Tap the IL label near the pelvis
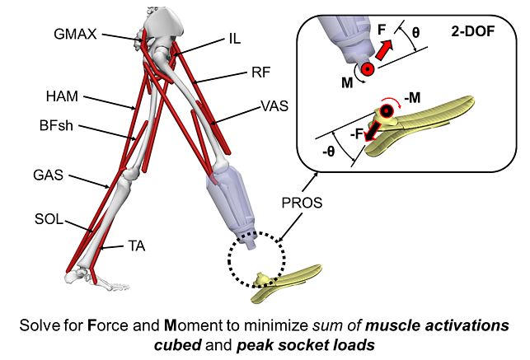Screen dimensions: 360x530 pos(234,38)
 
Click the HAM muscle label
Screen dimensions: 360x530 pos(60,97)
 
